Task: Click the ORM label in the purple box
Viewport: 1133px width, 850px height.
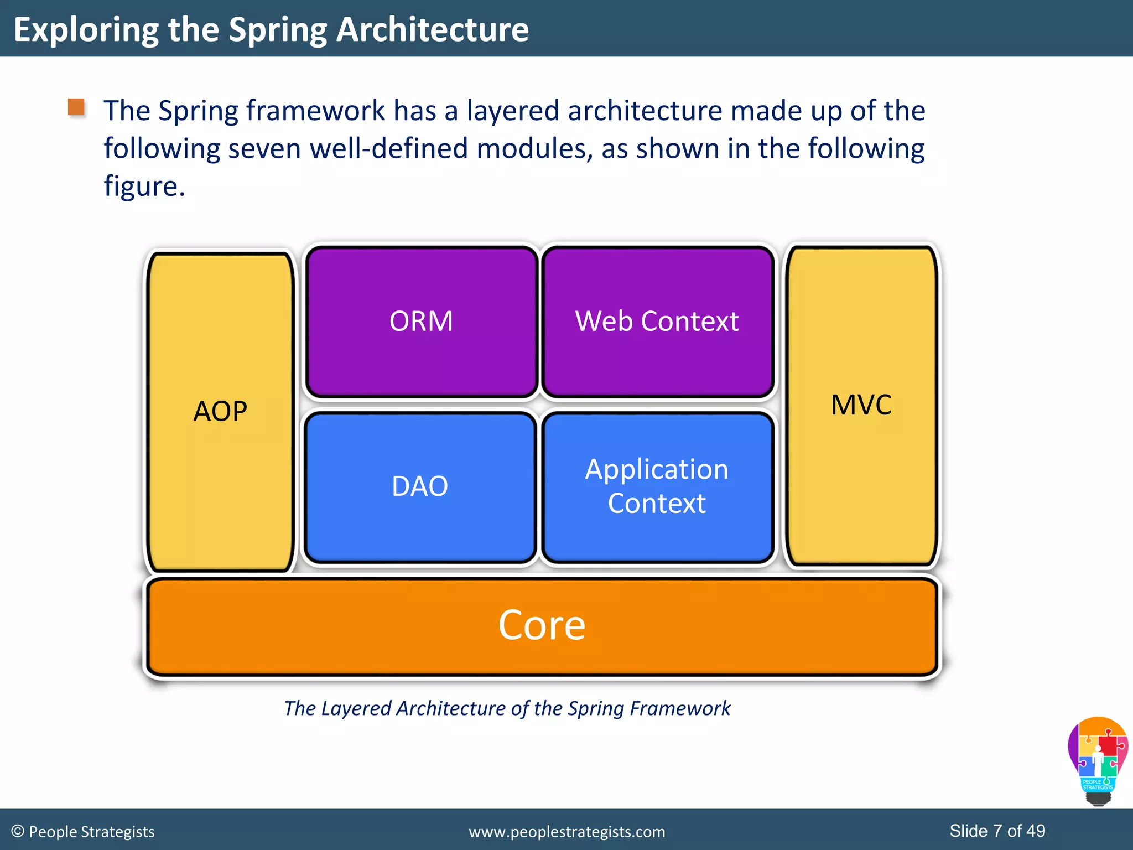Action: tap(421, 322)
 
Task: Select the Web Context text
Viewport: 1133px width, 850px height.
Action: tap(657, 322)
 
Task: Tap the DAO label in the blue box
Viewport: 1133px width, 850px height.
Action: tap(420, 486)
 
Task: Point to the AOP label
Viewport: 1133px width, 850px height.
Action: tap(220, 411)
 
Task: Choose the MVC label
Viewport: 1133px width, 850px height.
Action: tap(861, 405)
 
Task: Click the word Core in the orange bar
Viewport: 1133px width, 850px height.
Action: tap(542, 625)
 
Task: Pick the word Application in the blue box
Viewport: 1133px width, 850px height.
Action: tap(657, 469)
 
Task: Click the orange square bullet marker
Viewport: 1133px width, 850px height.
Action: tap(76, 107)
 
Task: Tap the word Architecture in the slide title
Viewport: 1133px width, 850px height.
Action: tap(433, 29)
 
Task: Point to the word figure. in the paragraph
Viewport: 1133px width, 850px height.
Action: tap(144, 186)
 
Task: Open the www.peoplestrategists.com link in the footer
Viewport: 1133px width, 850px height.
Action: tap(566, 832)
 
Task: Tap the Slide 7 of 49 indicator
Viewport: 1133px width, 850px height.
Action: tap(997, 831)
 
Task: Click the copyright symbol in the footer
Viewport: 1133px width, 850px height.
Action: tap(18, 831)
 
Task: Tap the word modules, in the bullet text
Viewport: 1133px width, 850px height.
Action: tap(534, 149)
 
